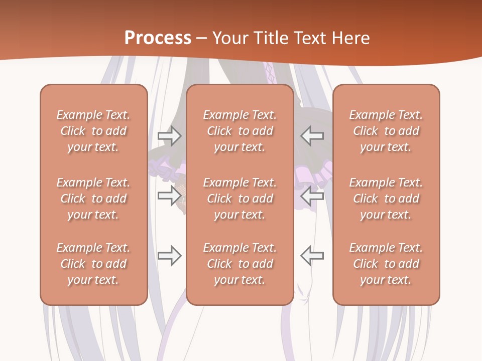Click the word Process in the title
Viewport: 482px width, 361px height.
pos(158,38)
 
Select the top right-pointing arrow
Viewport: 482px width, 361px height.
pos(169,135)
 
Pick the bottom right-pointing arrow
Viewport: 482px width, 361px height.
pos(169,256)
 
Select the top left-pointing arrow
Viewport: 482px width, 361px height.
pos(312,135)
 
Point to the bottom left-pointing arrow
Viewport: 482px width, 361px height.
pos(312,256)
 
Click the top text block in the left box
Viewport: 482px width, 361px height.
pos(93,131)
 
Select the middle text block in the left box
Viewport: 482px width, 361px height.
pos(93,199)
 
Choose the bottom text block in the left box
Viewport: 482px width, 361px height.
pos(93,264)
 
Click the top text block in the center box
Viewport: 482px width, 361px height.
pos(240,131)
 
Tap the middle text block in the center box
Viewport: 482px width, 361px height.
pos(240,199)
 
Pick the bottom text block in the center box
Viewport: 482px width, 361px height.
pos(240,264)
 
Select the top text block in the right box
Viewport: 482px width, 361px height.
pos(386,131)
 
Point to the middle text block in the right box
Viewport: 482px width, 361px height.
pos(386,199)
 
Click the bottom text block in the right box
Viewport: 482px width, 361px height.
pos(386,264)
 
